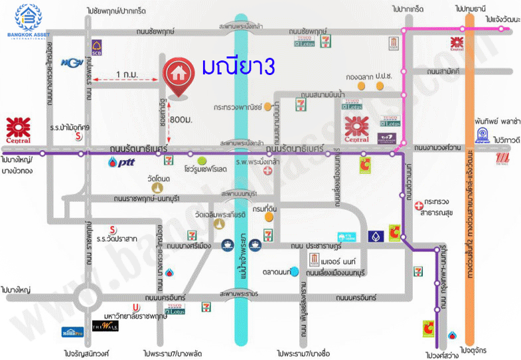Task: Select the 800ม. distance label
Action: [181, 120]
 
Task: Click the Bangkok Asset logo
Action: [27, 21]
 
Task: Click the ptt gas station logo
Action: [123, 161]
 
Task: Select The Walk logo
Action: [105, 327]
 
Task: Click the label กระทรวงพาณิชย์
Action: [236, 106]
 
